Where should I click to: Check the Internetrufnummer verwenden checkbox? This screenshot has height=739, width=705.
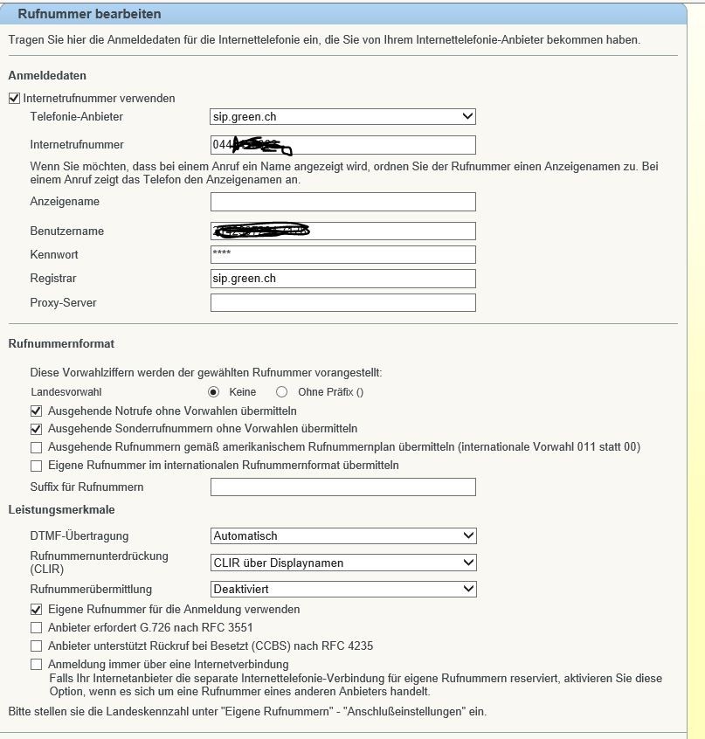(x=14, y=99)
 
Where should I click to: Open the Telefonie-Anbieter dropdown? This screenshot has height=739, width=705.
(x=342, y=116)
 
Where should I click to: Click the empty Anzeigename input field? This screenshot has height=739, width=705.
(x=342, y=202)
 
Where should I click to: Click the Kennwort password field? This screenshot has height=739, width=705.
(x=342, y=254)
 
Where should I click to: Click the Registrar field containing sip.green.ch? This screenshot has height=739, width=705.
(x=342, y=279)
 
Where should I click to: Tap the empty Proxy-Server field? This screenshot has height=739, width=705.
(x=342, y=303)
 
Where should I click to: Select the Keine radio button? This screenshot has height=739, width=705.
(x=212, y=393)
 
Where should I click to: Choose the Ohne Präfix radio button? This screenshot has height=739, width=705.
(x=281, y=393)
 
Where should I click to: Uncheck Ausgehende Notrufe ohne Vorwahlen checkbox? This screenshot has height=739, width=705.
(x=36, y=411)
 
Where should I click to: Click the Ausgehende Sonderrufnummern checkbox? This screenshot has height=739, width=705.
(x=36, y=429)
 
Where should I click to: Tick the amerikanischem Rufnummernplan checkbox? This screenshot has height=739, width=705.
(x=36, y=447)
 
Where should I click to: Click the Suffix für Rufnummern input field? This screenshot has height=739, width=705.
(x=342, y=487)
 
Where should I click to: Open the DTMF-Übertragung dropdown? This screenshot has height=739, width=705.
(x=342, y=535)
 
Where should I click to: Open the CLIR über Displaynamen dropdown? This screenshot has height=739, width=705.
(x=342, y=563)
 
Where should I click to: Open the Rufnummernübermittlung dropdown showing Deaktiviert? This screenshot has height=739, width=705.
(x=342, y=589)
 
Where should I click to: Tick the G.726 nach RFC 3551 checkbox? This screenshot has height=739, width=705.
(x=36, y=627)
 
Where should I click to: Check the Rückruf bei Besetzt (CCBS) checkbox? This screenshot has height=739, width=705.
(x=36, y=646)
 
